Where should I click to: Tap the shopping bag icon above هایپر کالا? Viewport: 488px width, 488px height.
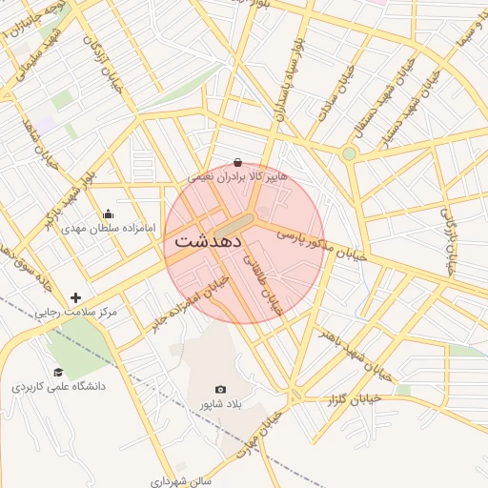click(x=237, y=162)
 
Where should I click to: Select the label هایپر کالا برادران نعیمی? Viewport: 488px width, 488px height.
click(x=236, y=177)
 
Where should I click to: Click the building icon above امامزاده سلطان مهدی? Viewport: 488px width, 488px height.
click(x=107, y=213)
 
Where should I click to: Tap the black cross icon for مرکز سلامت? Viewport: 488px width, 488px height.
click(x=76, y=298)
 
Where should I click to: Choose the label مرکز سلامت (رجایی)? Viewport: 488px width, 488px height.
click(x=75, y=313)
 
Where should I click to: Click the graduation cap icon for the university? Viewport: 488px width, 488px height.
click(x=58, y=373)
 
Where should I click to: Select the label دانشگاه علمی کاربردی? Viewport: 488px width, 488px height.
click(x=58, y=387)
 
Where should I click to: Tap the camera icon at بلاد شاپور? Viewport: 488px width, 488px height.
click(x=221, y=389)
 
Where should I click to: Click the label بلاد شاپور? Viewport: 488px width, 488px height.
click(x=221, y=404)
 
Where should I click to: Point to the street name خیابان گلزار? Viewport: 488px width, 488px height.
click(x=354, y=399)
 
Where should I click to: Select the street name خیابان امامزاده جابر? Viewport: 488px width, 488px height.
click(x=187, y=304)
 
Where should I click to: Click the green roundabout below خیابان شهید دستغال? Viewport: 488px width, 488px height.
click(x=349, y=153)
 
